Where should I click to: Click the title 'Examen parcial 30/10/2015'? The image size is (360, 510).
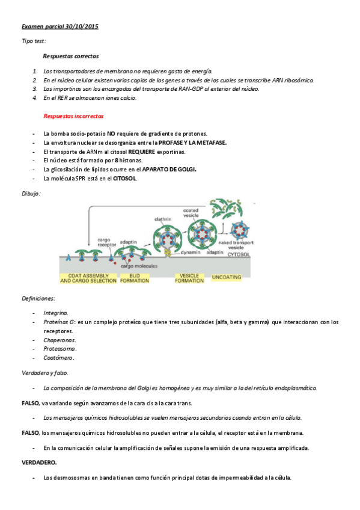tap(60, 27)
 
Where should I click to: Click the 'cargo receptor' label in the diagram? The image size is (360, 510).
tap(107, 242)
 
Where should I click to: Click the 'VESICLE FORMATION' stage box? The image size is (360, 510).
tap(189, 278)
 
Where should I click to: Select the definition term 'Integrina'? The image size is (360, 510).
tap(56, 313)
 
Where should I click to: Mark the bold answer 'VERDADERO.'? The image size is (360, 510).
tap(39, 462)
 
